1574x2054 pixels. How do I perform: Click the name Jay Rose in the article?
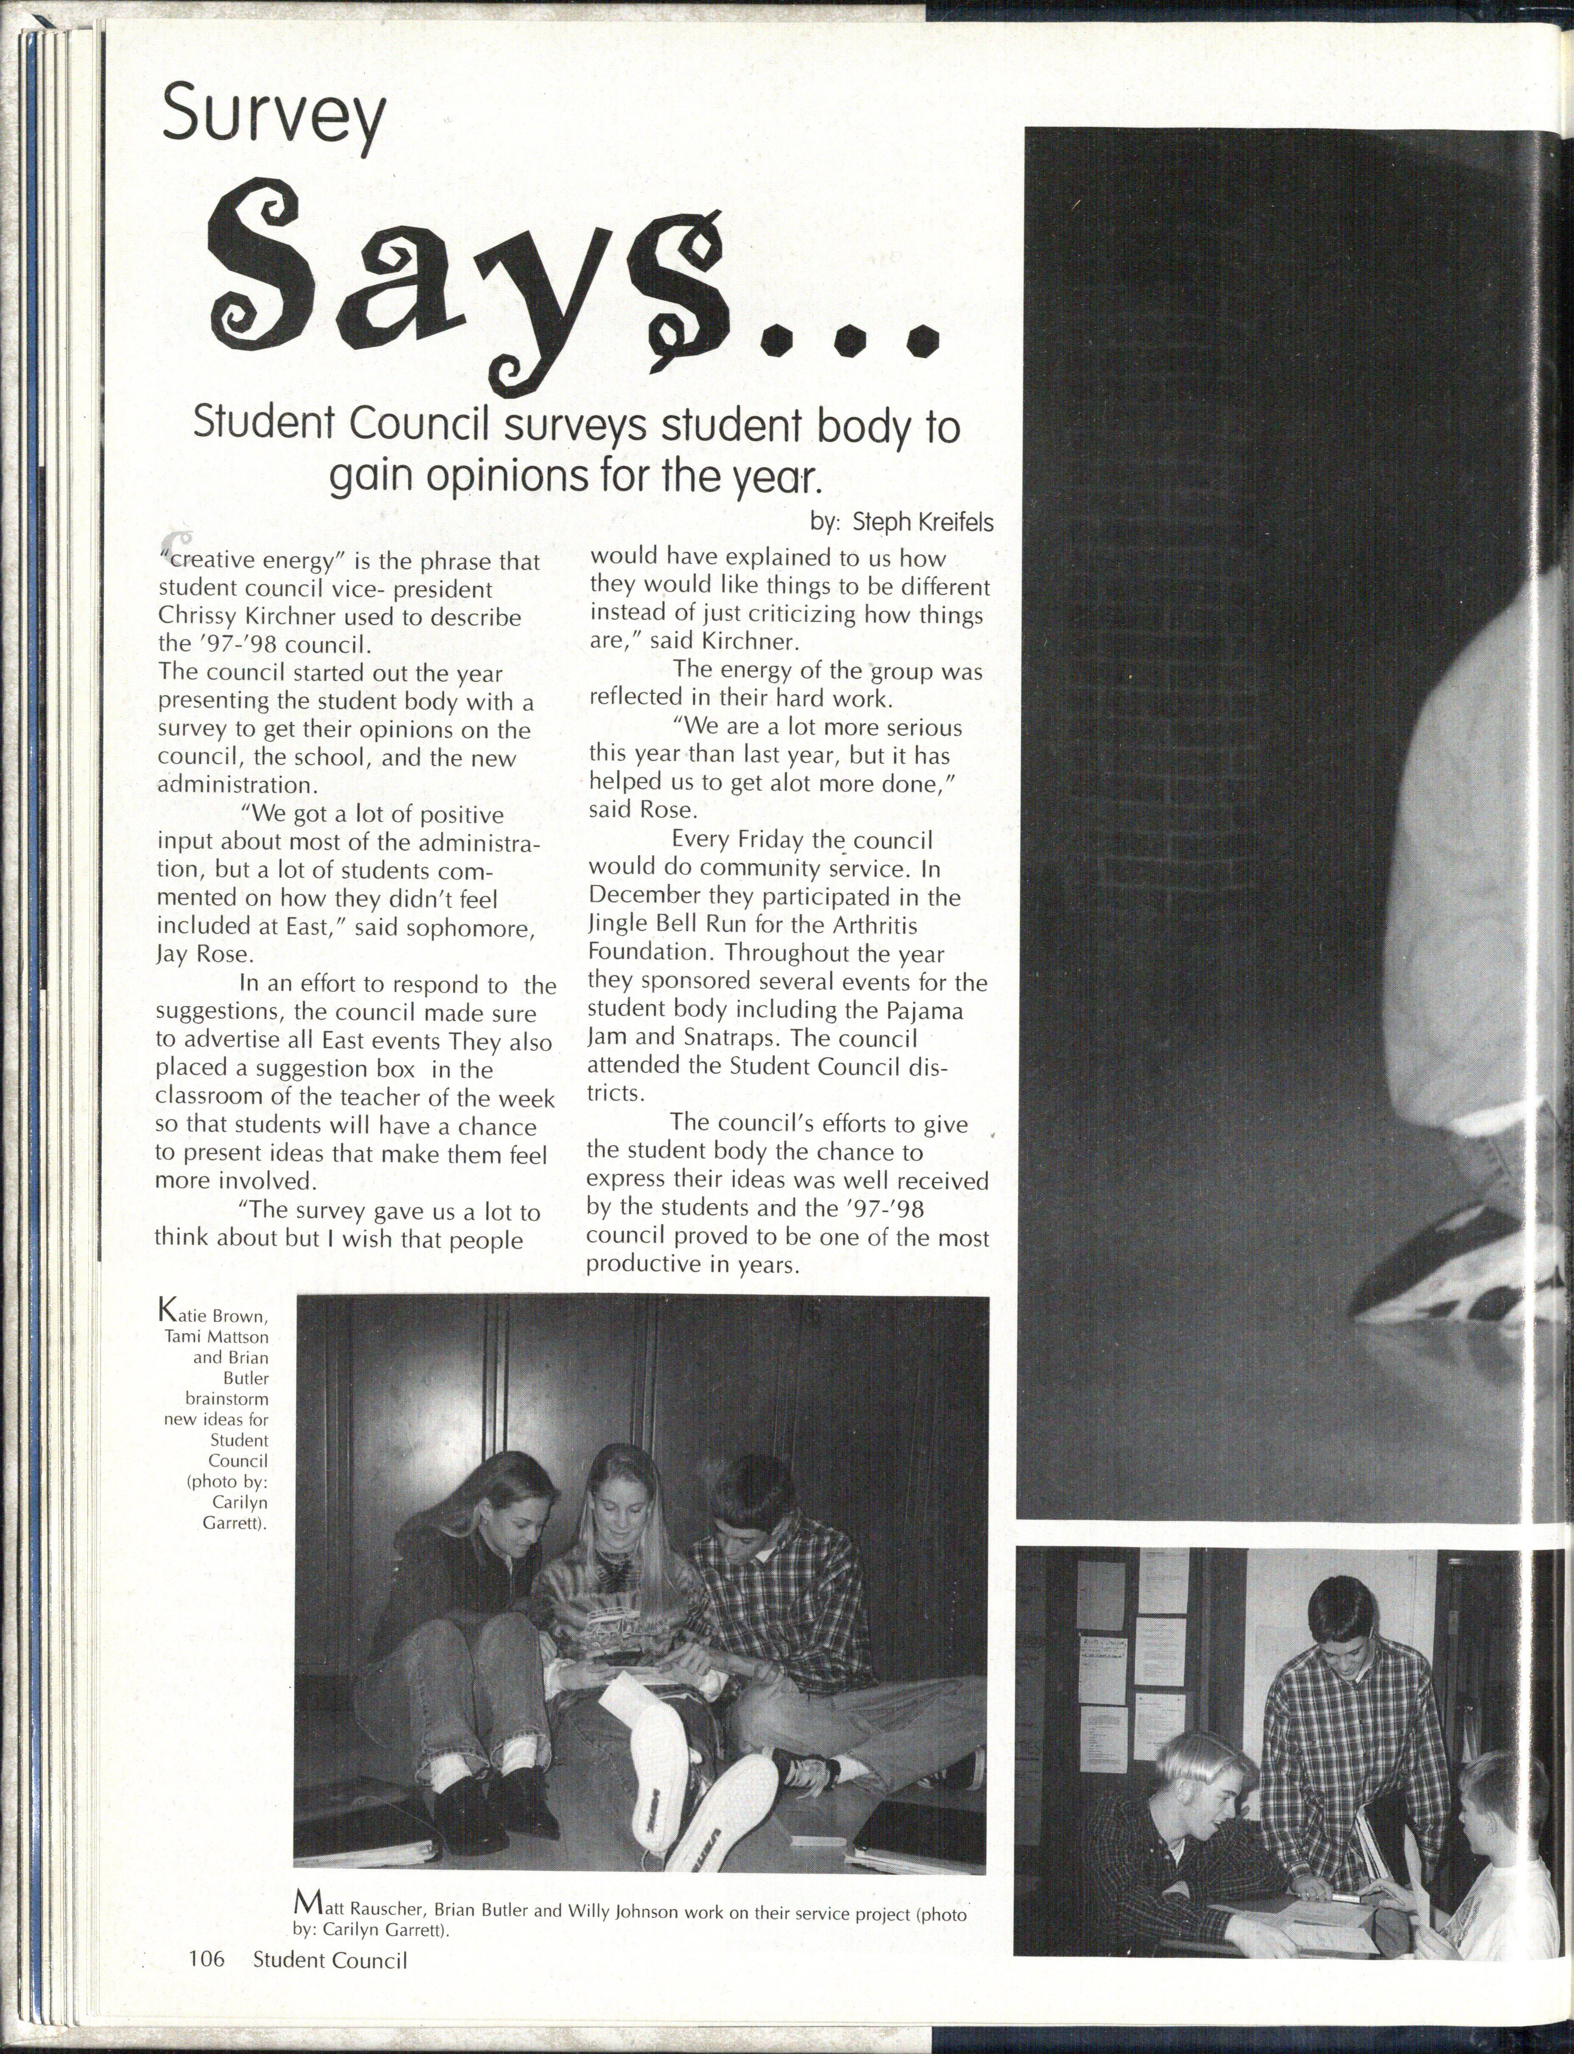189,955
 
